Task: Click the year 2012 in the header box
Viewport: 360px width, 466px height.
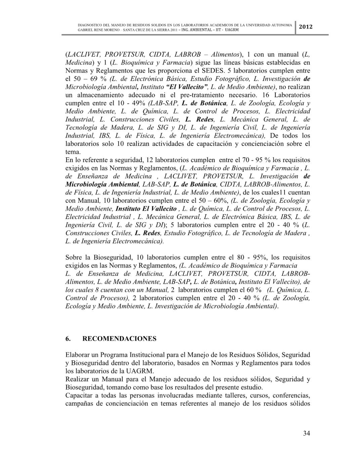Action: click(306, 27)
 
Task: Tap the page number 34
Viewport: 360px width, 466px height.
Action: click(306, 433)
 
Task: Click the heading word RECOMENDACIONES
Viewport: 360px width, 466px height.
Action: click(119, 339)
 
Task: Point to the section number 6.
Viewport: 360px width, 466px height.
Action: click(68, 339)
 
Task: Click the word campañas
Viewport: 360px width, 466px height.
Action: click(79, 403)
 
